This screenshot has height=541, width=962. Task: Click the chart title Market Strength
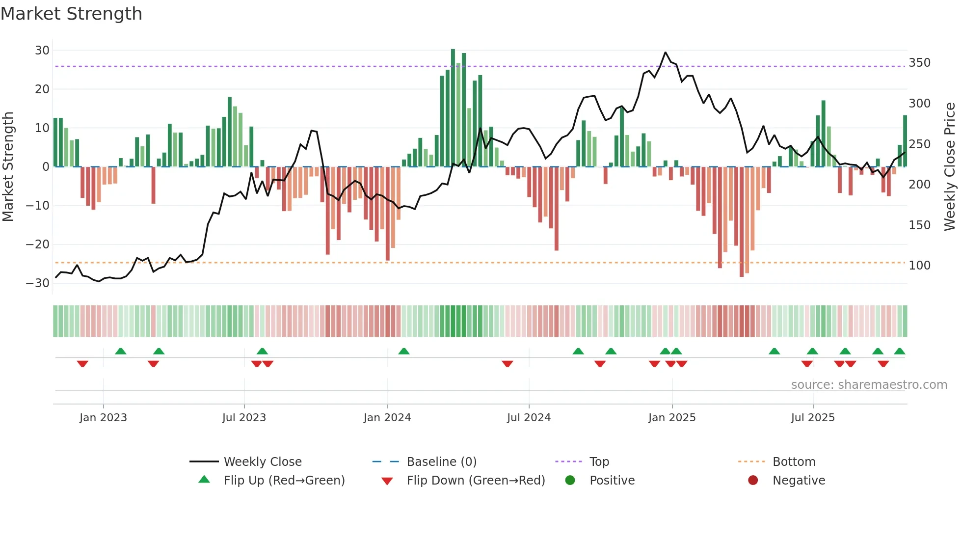pyautogui.click(x=71, y=14)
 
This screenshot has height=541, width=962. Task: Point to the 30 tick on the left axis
pyautogui.click(x=42, y=51)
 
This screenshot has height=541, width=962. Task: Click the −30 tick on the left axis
pyautogui.click(x=38, y=283)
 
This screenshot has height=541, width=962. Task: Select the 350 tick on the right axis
pyautogui.click(x=919, y=63)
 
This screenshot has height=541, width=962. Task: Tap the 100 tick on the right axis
pyautogui.click(x=919, y=266)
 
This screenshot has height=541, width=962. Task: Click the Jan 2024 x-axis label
pyautogui.click(x=387, y=418)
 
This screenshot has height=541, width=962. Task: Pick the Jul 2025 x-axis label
pyautogui.click(x=813, y=418)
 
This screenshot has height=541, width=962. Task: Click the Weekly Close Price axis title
pyautogui.click(x=950, y=167)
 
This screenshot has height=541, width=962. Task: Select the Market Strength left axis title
pyautogui.click(x=8, y=167)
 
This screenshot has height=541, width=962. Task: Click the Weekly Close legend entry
pyautogui.click(x=262, y=462)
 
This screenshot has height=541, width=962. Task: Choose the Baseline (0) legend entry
pyautogui.click(x=441, y=462)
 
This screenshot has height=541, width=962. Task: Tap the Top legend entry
pyautogui.click(x=599, y=462)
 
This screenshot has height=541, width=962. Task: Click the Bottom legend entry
pyautogui.click(x=794, y=462)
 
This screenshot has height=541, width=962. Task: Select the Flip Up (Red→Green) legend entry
pyautogui.click(x=284, y=481)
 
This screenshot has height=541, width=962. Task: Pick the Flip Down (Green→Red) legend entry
pyautogui.click(x=476, y=481)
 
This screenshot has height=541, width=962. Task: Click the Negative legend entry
pyautogui.click(x=799, y=481)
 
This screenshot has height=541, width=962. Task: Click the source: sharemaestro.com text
pyautogui.click(x=869, y=385)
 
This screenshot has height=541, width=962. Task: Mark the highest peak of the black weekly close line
pyautogui.click(x=666, y=53)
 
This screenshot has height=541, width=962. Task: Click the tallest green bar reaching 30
pyautogui.click(x=453, y=108)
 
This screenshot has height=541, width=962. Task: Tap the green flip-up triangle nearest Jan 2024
pyautogui.click(x=404, y=352)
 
